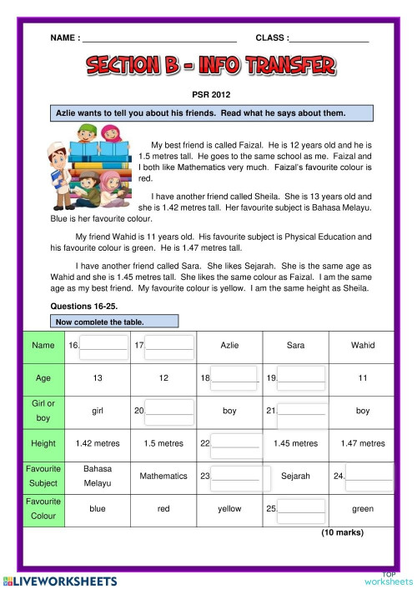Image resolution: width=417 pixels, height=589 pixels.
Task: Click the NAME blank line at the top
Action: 158,39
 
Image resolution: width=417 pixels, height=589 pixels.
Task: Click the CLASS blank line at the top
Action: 329,39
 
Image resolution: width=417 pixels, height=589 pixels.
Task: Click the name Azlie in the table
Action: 229,345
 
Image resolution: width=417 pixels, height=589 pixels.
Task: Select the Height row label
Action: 43,443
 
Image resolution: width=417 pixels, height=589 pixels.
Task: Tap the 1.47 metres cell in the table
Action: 363,443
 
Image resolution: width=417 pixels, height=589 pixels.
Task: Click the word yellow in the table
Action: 229,508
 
